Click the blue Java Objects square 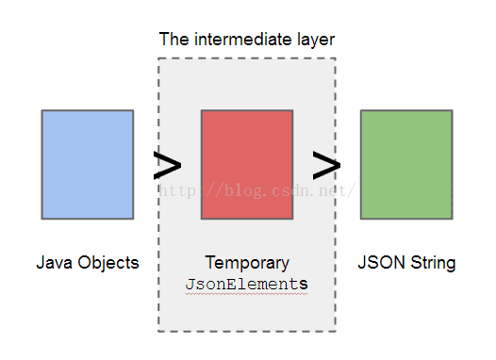pos(87,165)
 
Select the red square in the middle pos(247,165)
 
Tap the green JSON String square pos(406,165)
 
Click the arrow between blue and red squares pos(167,166)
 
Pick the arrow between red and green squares pos(326,166)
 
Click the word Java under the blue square pos(53,263)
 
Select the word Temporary pos(247,263)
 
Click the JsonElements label pos(247,283)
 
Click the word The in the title pos(173,40)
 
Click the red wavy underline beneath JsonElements pos(247,292)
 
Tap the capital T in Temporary pos(209,263)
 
